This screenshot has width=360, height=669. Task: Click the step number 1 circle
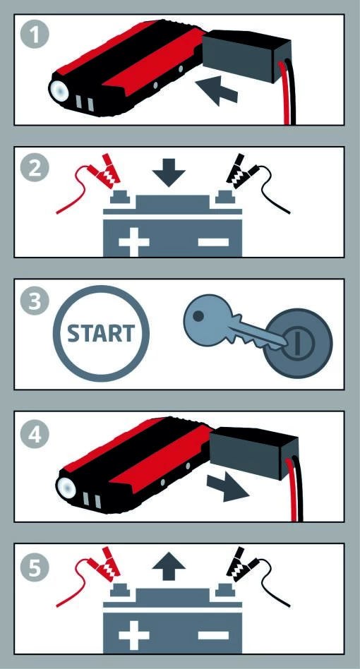click(x=35, y=36)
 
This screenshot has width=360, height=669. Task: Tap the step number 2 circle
click(x=35, y=168)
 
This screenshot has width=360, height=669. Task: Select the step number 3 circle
click(x=35, y=301)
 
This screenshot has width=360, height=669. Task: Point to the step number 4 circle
click(x=35, y=433)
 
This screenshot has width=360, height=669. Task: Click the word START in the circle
click(x=101, y=333)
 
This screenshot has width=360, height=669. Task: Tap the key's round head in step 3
click(x=205, y=315)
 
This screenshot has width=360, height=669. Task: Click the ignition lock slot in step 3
click(x=299, y=342)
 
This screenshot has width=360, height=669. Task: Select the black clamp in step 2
click(x=241, y=171)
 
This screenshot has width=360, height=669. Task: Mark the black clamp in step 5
click(x=241, y=564)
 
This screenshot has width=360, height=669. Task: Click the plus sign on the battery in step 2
click(x=134, y=242)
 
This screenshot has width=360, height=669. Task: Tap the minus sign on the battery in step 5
click(x=214, y=635)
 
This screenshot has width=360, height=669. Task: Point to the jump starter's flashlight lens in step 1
click(x=59, y=90)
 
